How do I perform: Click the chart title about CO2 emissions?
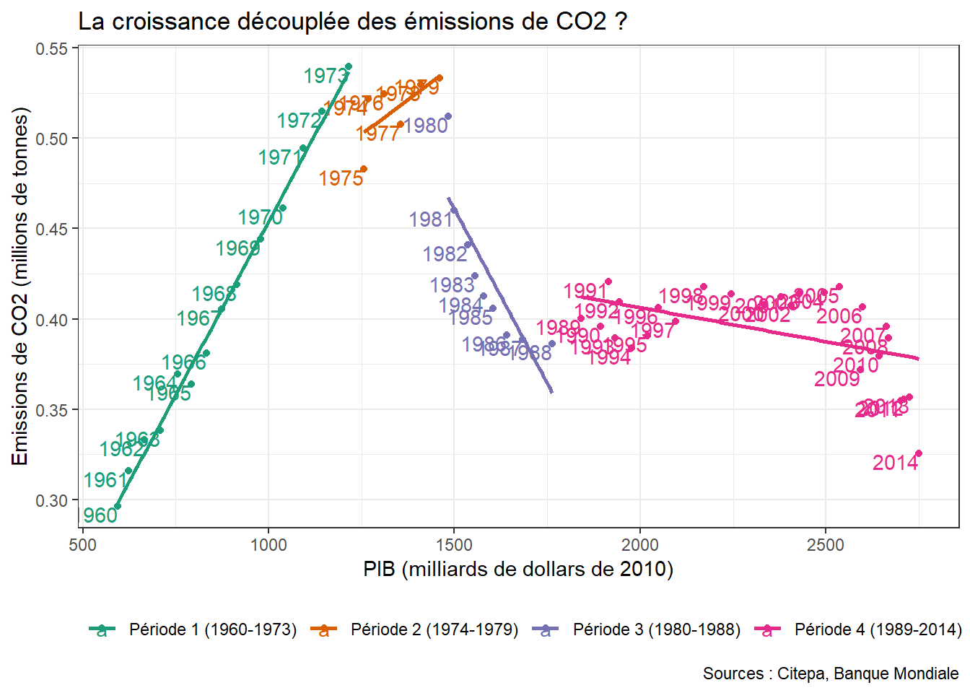(x=352, y=22)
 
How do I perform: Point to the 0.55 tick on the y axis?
(x=51, y=48)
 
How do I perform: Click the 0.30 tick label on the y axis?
(x=51, y=500)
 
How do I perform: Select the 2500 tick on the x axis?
(x=825, y=545)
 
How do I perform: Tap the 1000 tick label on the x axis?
(x=268, y=545)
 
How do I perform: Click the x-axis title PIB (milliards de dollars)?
(x=518, y=570)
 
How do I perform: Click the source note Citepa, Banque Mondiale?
(x=831, y=674)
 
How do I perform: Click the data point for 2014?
(x=919, y=453)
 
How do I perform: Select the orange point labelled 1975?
(x=364, y=169)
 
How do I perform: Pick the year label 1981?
(x=431, y=219)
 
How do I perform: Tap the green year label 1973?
(x=325, y=76)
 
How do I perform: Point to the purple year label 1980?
(x=426, y=126)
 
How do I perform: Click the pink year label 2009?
(x=836, y=379)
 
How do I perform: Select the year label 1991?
(x=585, y=291)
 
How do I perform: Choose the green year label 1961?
(x=105, y=480)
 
